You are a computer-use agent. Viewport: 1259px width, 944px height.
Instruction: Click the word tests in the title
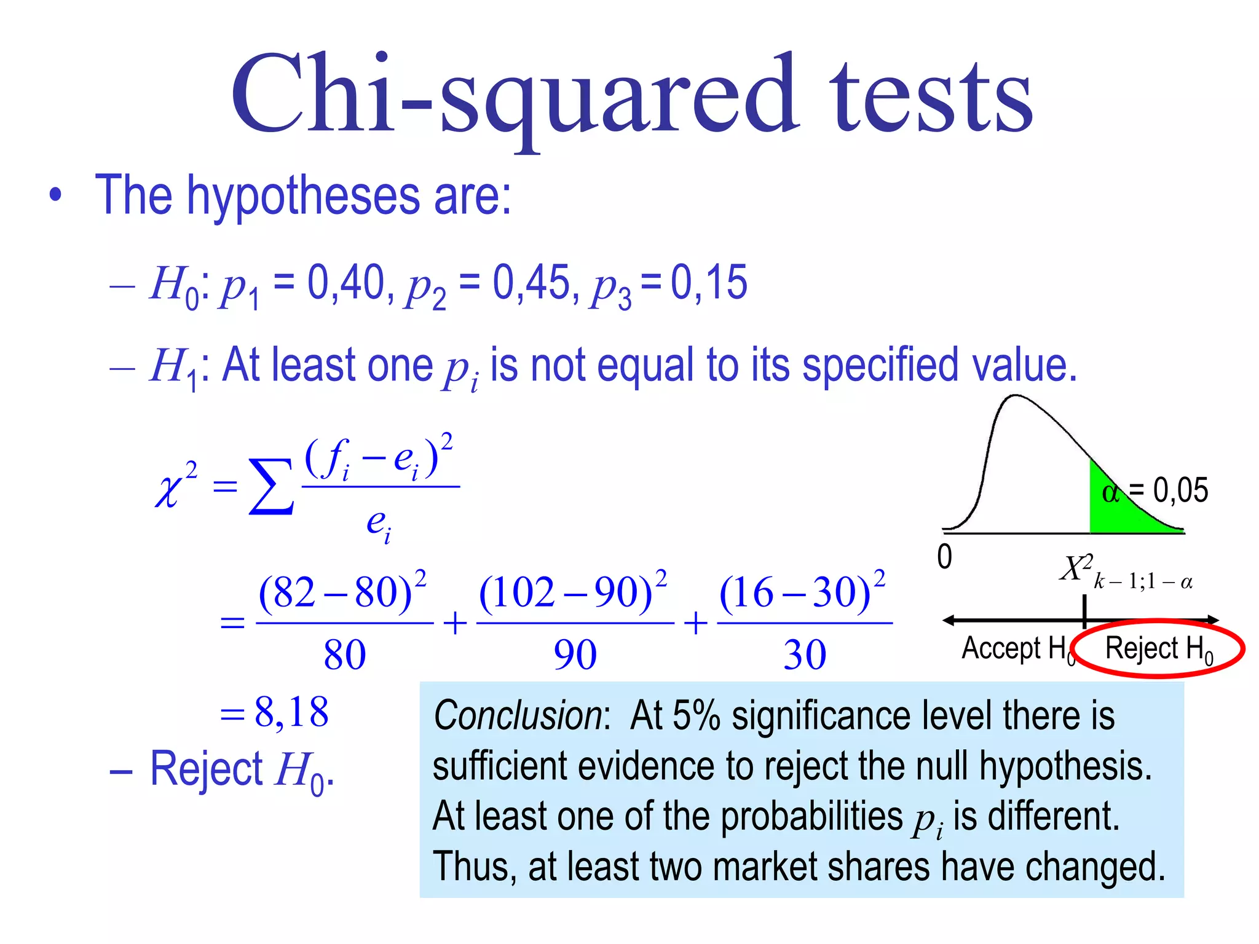pyautogui.click(x=931, y=98)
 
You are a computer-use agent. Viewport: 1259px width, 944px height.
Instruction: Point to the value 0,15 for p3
pyautogui.click(x=709, y=283)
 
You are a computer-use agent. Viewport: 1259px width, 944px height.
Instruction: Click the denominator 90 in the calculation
pyautogui.click(x=575, y=655)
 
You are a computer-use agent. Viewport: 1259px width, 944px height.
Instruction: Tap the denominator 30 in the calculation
pyautogui.click(x=805, y=655)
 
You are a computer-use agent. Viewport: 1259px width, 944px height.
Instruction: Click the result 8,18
pyautogui.click(x=291, y=712)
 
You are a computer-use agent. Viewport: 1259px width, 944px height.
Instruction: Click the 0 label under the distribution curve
pyautogui.click(x=944, y=557)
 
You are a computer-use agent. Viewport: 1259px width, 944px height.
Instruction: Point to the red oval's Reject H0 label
pyautogui.click(x=1159, y=649)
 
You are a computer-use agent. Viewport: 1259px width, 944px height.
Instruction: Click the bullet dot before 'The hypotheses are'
pyautogui.click(x=56, y=195)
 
